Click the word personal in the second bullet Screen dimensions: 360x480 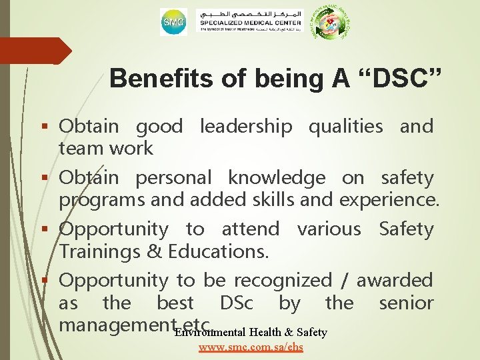(173, 178)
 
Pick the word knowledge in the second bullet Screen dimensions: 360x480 (277, 178)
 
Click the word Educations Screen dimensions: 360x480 (218, 252)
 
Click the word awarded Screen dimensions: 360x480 (395, 281)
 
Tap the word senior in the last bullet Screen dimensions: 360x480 (406, 303)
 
